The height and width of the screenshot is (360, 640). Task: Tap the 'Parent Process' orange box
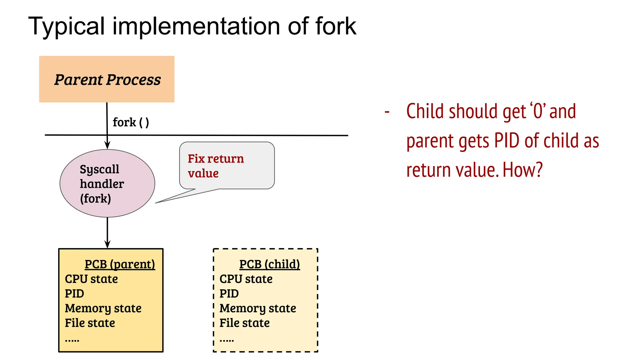click(x=107, y=79)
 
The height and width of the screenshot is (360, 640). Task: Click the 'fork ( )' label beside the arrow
click(x=131, y=122)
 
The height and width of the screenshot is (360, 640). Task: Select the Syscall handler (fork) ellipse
click(x=107, y=183)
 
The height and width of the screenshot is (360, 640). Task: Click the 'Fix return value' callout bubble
click(x=227, y=166)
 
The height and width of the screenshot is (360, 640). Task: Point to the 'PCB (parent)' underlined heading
click(x=120, y=264)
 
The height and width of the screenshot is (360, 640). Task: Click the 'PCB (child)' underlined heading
click(x=269, y=264)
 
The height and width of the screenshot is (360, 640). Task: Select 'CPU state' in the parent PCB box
click(x=91, y=279)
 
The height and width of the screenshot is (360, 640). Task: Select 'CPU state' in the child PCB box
click(x=246, y=279)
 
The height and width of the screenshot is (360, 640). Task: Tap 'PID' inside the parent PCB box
click(x=74, y=294)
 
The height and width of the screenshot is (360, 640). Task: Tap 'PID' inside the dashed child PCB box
click(x=229, y=294)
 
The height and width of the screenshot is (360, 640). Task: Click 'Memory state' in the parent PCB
click(x=103, y=308)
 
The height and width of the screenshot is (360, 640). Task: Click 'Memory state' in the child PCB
click(x=257, y=308)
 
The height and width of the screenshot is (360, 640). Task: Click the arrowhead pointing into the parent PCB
click(x=107, y=244)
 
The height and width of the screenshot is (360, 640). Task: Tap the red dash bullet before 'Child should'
click(x=387, y=112)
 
